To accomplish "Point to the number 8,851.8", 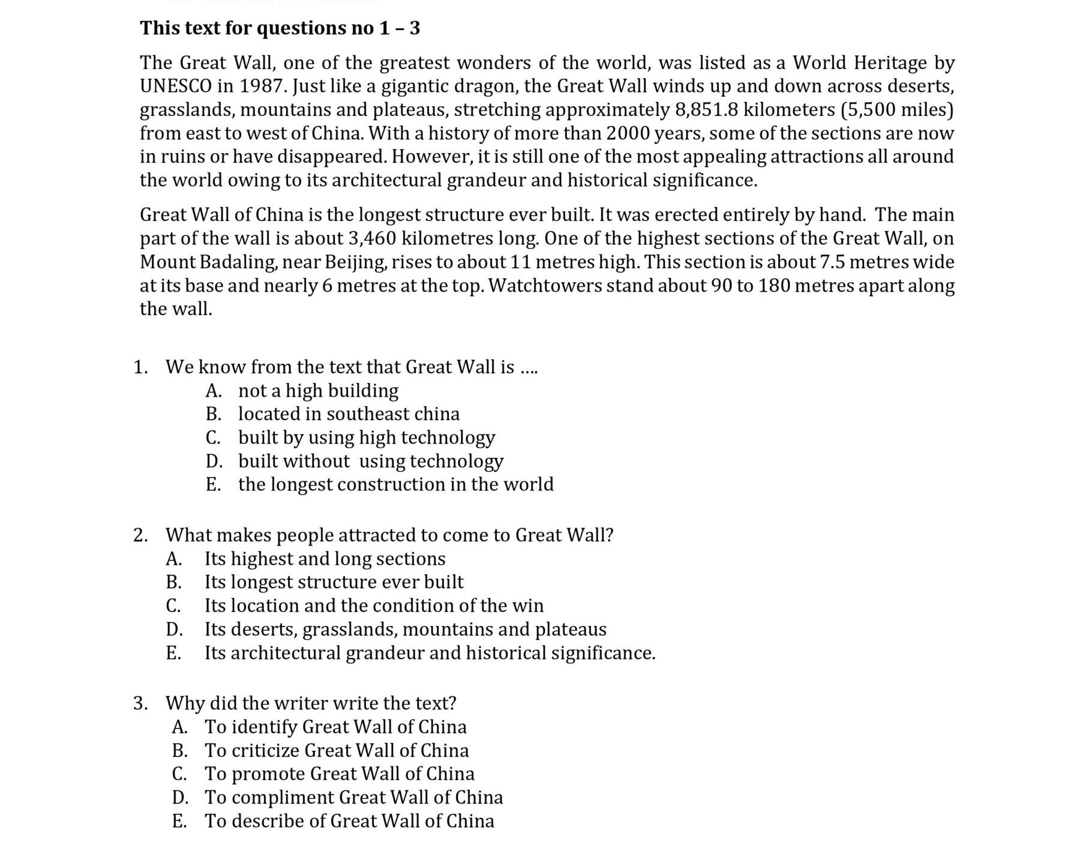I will point(707,110).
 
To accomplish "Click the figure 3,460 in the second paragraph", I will point(372,238).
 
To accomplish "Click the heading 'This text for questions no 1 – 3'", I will point(280,28).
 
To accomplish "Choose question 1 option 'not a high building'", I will point(318,391).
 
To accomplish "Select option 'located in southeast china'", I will point(349,414).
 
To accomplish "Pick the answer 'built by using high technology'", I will point(366,438).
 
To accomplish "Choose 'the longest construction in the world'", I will point(395,484).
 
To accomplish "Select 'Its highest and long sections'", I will point(325,559).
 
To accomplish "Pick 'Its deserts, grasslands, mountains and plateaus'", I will point(405,629).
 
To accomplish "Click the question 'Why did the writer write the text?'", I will point(311,703).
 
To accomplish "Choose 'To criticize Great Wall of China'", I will point(337,751).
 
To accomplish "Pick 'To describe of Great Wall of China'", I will point(349,821).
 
